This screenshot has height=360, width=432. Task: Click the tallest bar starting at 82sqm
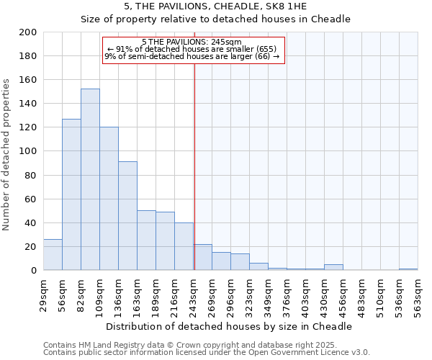[x=90, y=179]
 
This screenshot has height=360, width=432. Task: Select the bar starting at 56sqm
[x=71, y=194]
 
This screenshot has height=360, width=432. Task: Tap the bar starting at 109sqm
[x=109, y=199]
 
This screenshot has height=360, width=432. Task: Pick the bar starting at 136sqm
[x=127, y=216]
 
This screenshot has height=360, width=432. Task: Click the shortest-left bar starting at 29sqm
[x=53, y=255]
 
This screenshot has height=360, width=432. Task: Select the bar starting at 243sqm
[x=202, y=257]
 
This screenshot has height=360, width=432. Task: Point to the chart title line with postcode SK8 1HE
[x=215, y=6]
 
